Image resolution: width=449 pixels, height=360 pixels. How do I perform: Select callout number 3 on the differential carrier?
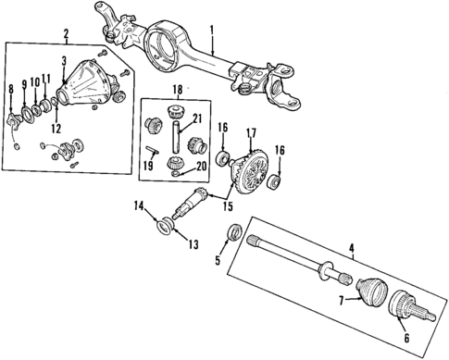click(x=63, y=61)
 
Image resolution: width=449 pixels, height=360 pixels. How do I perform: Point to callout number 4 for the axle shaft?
click(x=352, y=247)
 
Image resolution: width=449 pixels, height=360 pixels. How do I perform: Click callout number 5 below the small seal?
click(x=219, y=262)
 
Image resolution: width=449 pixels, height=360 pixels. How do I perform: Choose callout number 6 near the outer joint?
click(x=406, y=340)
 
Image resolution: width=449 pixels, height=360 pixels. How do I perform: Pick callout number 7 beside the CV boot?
click(x=342, y=301)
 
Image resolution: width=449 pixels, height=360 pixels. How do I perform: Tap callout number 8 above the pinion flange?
click(x=10, y=88)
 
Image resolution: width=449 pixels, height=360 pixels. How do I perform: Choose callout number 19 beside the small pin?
click(x=146, y=168)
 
